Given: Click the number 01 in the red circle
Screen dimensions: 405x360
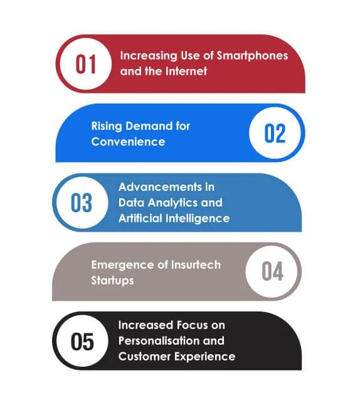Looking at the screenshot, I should tap(85, 64).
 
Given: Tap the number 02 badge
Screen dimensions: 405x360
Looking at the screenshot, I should tap(275, 133).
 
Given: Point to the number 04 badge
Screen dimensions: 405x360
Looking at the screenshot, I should tap(273, 272).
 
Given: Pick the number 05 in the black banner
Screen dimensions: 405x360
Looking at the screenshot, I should tap(82, 342).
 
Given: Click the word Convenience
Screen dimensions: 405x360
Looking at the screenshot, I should tap(128, 141).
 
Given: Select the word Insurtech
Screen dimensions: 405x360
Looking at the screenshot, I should tap(196, 264).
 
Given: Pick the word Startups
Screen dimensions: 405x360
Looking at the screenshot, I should tap(112, 280).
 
